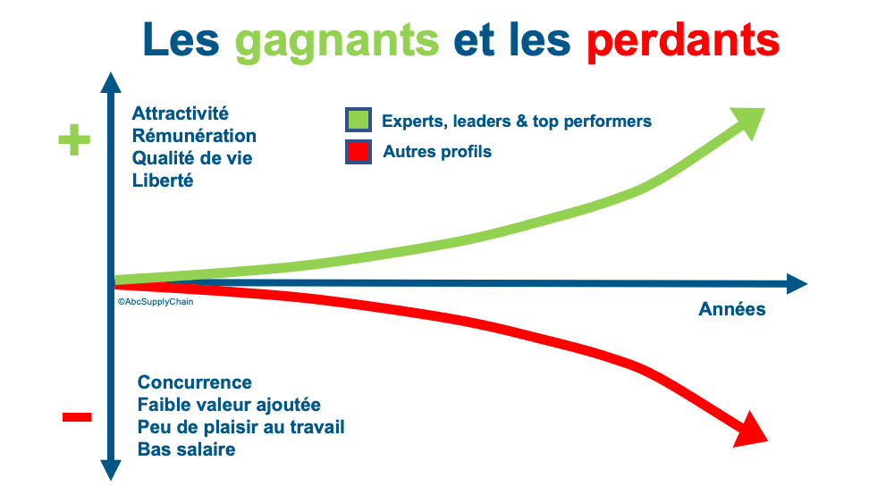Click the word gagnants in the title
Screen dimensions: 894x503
337,42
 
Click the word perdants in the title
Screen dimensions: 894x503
683,41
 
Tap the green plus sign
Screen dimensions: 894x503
74,139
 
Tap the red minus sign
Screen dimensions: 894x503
77,417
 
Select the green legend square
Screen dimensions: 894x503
358,121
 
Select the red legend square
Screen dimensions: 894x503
358,152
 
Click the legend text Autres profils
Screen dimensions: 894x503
437,152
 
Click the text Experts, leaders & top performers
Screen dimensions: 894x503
517,122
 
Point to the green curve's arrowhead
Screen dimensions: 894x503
748,122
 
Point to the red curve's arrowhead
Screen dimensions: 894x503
751,430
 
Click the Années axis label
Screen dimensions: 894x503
732,309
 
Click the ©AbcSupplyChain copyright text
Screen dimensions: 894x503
156,302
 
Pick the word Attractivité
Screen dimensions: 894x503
181,113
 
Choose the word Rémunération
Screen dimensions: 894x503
194,136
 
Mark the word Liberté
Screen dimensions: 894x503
163,180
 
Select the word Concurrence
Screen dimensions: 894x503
194,382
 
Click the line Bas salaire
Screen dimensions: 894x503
187,449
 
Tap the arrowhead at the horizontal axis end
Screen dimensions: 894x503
797,284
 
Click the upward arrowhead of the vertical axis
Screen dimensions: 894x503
111,82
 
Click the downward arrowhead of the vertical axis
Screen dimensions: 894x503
111,470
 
